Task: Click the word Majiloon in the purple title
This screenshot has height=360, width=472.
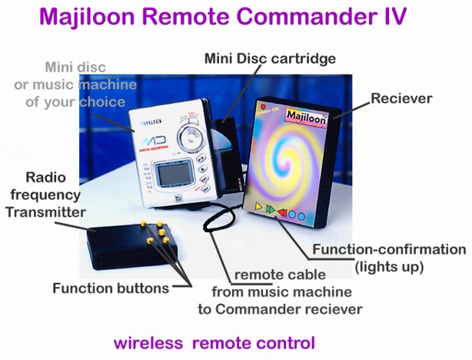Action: point(87,17)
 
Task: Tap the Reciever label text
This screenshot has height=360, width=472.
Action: point(401,98)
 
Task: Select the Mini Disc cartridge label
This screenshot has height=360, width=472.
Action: point(270,58)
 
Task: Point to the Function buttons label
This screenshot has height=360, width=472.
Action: point(111,288)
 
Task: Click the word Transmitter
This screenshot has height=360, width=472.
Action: point(46,212)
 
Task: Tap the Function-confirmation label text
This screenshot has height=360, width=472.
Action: point(389,249)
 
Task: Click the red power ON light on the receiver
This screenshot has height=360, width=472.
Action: point(263,107)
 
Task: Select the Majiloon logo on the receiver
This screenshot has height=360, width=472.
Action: point(306,117)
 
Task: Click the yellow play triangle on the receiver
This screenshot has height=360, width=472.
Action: point(259,207)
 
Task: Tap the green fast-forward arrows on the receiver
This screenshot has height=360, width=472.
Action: point(271,209)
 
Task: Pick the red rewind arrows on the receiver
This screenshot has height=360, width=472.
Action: point(282,212)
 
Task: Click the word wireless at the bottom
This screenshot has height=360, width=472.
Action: point(148,343)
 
